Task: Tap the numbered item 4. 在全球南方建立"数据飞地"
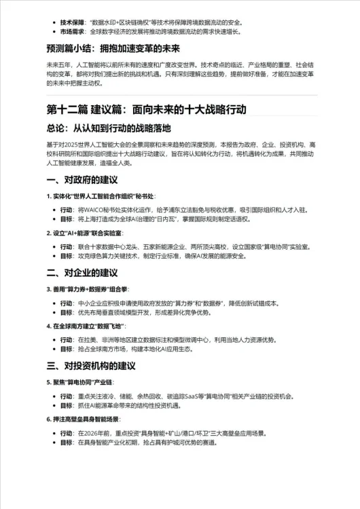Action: tap(92, 326)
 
